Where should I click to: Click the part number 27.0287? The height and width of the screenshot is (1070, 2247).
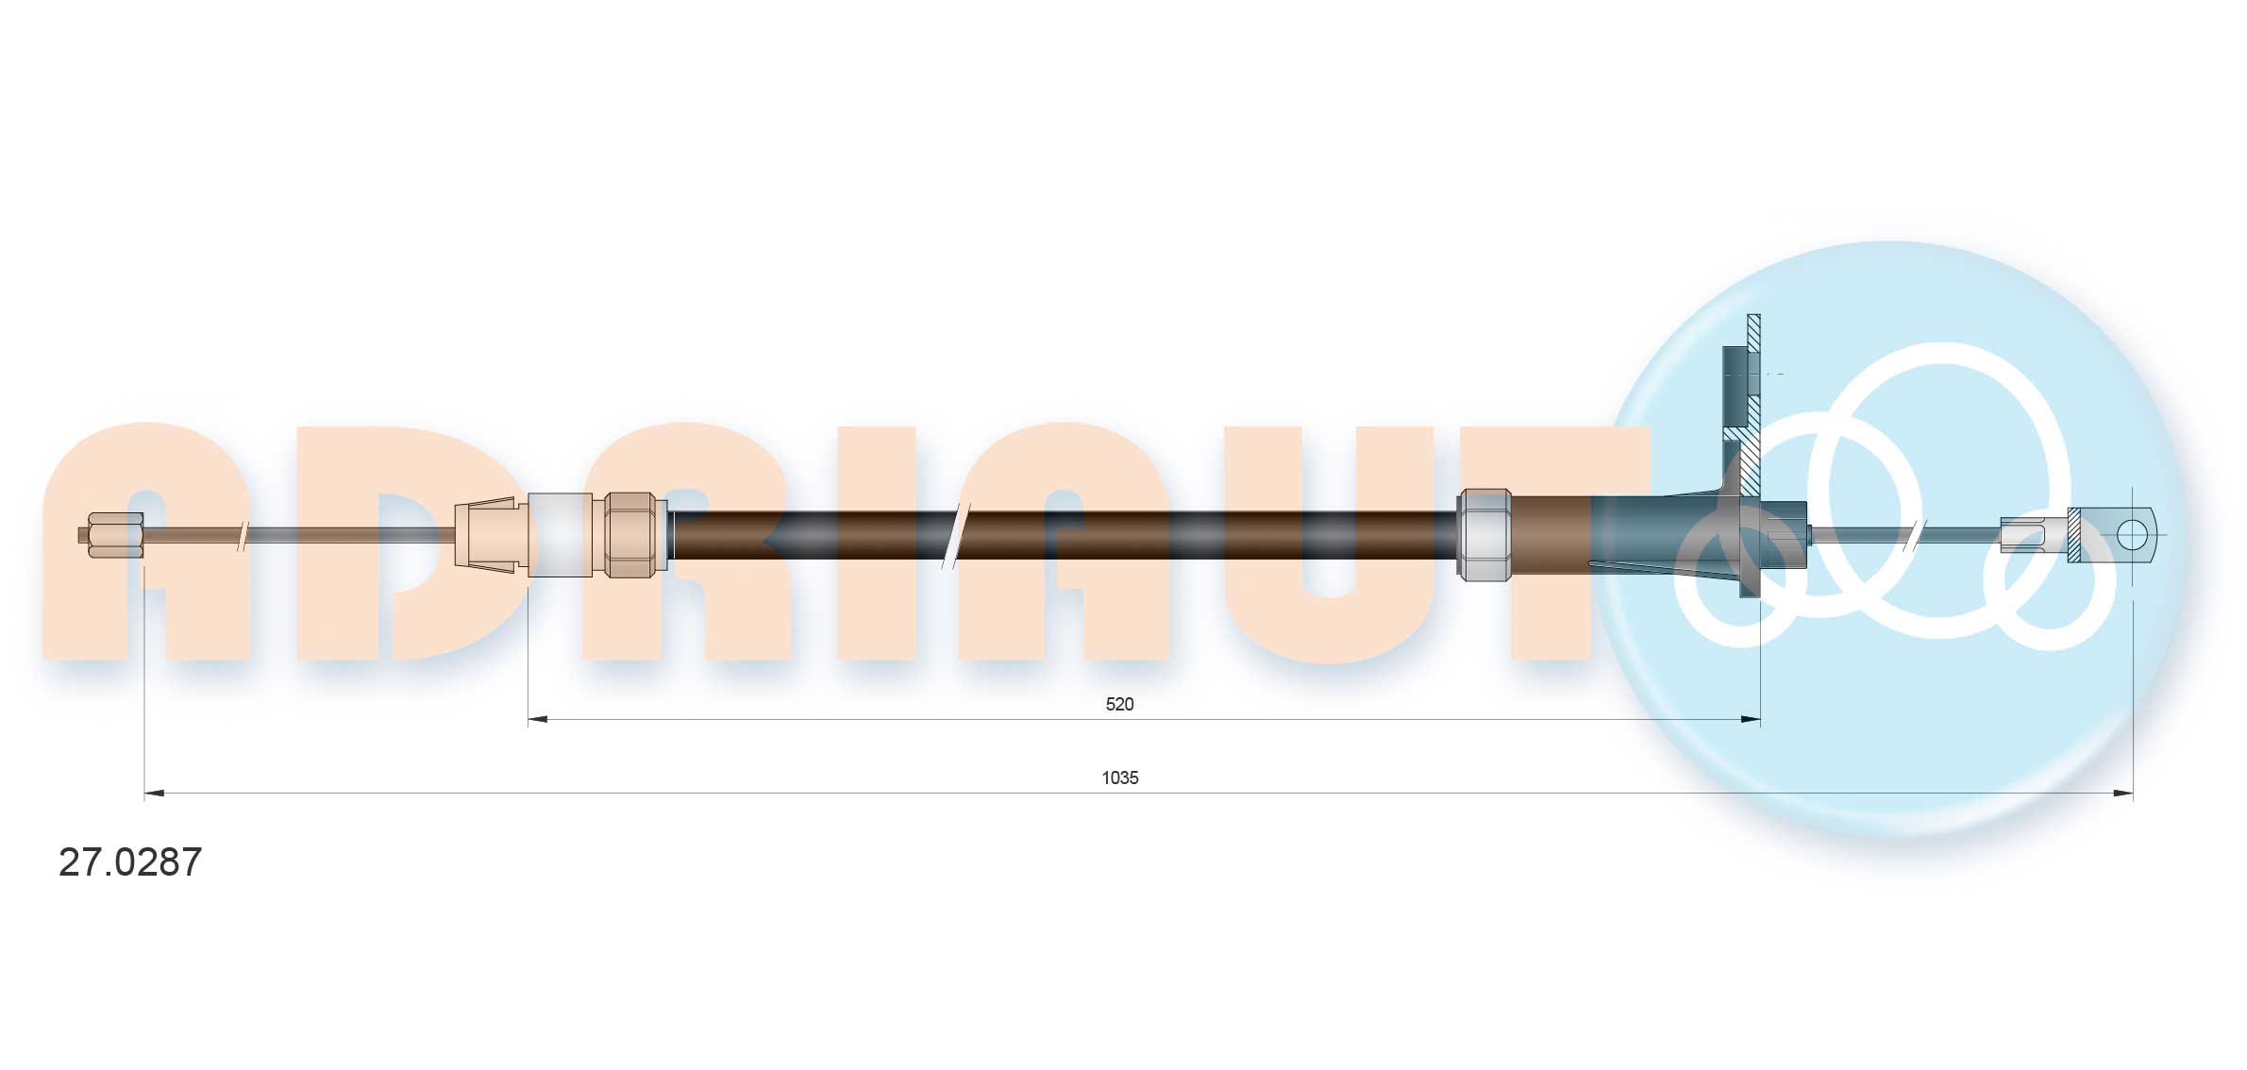(x=130, y=862)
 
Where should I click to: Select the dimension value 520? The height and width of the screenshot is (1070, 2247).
(x=1119, y=704)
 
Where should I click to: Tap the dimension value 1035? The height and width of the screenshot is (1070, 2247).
(x=1119, y=777)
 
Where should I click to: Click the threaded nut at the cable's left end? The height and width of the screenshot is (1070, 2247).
(x=114, y=535)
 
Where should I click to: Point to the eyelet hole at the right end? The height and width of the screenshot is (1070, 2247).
(x=2131, y=535)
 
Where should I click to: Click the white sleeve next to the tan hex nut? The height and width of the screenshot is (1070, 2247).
(x=560, y=535)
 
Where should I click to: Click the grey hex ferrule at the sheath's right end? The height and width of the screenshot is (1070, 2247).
(x=1484, y=535)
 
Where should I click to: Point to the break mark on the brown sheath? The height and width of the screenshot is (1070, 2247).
(x=955, y=535)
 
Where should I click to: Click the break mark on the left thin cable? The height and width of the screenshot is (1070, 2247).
(x=243, y=535)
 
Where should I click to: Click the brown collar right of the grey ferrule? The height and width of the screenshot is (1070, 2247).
(x=1550, y=535)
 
